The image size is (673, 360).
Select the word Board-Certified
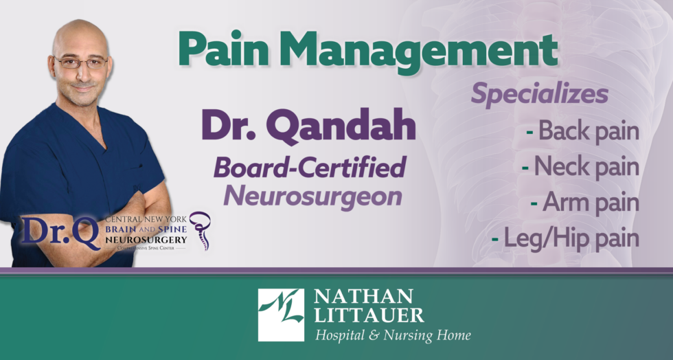pos(310,168)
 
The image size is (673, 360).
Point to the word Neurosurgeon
pos(313,196)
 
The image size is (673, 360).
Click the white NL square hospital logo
pos(281,315)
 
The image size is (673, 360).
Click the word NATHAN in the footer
pos(363,296)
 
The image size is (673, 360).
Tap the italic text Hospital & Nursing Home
pos(393,335)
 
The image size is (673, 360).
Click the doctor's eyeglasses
pos(81,63)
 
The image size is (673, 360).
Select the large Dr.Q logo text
pos(61,232)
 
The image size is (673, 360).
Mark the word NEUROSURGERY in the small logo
pos(146,239)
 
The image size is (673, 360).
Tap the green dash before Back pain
pos(529,131)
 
